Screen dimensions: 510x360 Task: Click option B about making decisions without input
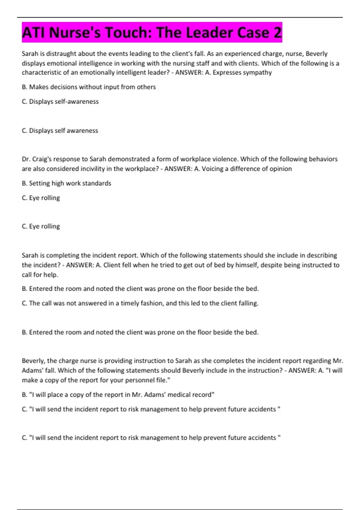(x=89, y=87)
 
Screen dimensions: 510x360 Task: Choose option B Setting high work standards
(x=67, y=183)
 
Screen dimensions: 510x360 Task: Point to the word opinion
(x=280, y=169)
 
